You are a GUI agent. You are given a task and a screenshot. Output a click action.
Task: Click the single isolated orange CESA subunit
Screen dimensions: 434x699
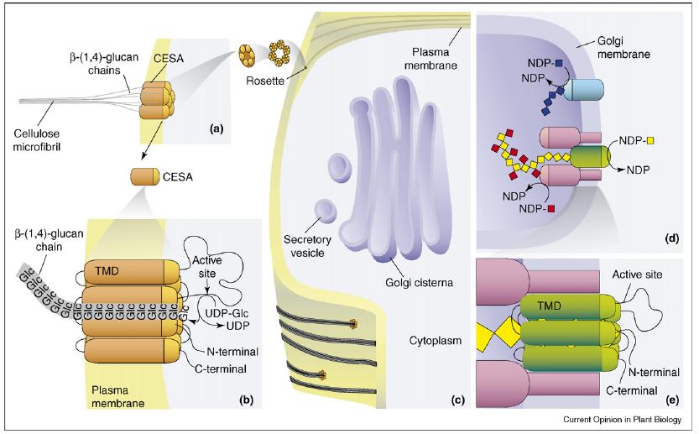pos(149,177)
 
